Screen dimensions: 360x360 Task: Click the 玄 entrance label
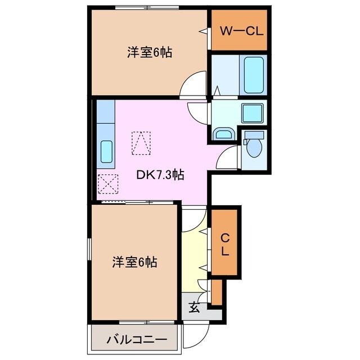coord(193,307)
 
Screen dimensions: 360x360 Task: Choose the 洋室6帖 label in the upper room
coord(149,53)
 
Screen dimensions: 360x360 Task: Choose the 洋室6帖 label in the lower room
coord(134,262)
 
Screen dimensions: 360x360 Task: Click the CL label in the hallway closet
coord(224,243)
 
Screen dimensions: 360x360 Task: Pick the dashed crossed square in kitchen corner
coord(107,183)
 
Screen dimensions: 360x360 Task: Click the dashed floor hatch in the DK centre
coord(141,142)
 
